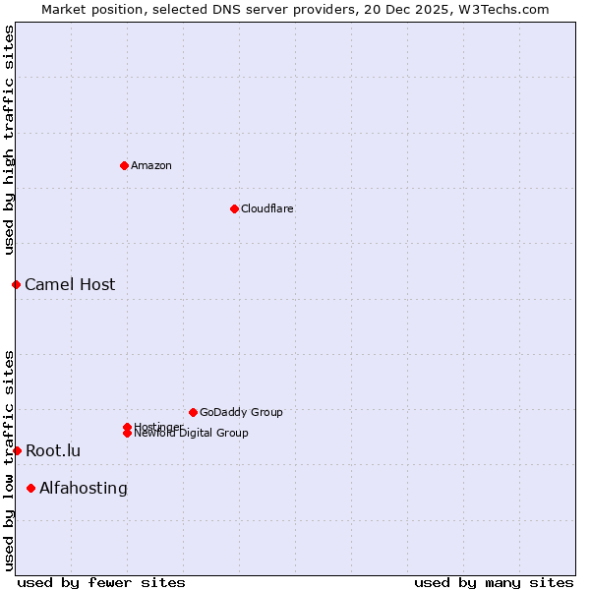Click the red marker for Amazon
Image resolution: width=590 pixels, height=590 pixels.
(124, 165)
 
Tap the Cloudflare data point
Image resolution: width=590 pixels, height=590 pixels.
(234, 208)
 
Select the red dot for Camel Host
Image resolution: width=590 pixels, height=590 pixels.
(16, 284)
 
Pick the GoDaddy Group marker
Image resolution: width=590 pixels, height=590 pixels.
(193, 412)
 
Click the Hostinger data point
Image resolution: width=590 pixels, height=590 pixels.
(127, 427)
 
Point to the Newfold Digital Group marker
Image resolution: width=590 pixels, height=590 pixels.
(127, 434)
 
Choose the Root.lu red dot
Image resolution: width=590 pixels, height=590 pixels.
(17, 450)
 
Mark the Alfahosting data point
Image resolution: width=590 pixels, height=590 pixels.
(30, 488)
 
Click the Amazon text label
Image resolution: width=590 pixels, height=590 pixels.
(151, 165)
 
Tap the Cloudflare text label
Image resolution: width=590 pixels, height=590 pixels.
(267, 208)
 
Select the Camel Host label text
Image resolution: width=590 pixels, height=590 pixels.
(70, 285)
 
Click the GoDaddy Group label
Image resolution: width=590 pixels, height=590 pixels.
(241, 412)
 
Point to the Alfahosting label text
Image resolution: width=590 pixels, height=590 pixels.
(84, 489)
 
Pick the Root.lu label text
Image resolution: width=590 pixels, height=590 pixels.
(53, 451)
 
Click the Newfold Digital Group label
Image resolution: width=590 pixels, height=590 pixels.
(192, 434)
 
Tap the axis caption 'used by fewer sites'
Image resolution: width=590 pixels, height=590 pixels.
(101, 582)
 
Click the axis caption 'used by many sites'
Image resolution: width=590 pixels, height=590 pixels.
(494, 582)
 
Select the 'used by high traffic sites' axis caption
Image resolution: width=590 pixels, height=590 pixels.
(10, 140)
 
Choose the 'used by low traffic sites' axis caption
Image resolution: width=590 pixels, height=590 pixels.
(10, 460)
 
